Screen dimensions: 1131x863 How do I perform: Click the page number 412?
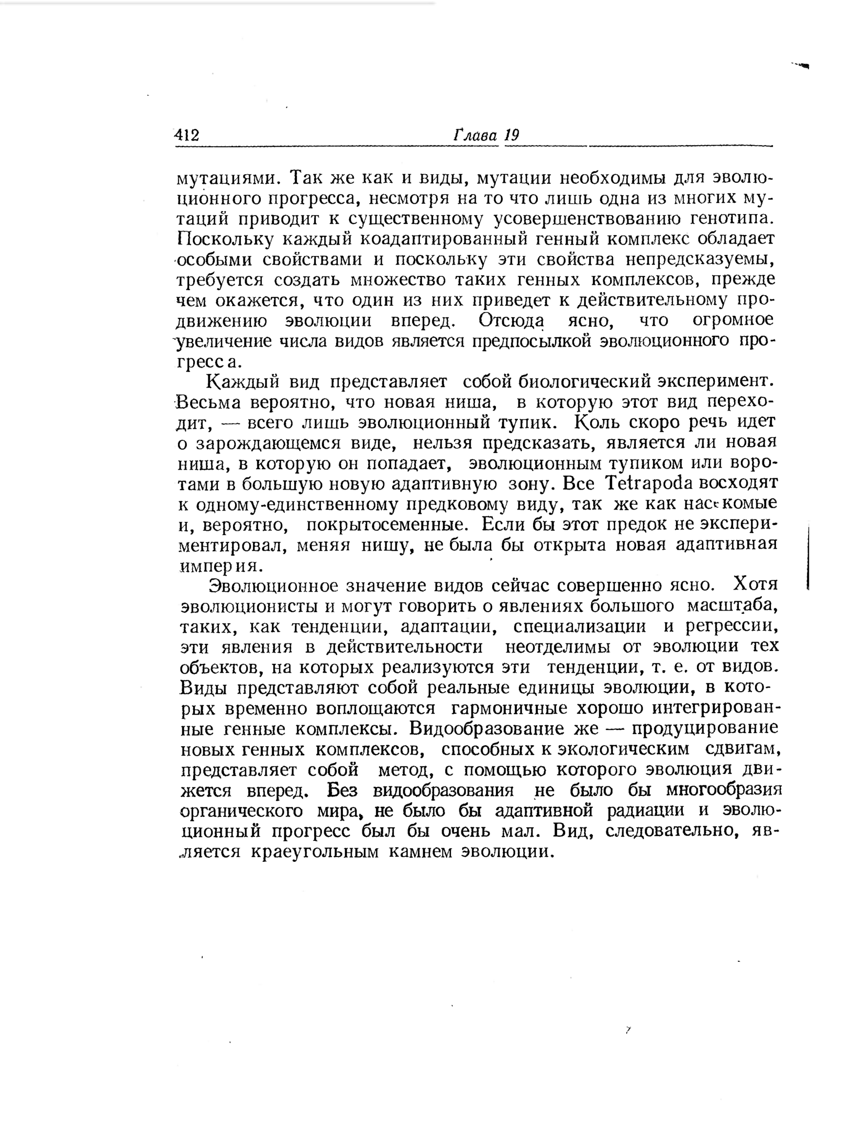point(187,135)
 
